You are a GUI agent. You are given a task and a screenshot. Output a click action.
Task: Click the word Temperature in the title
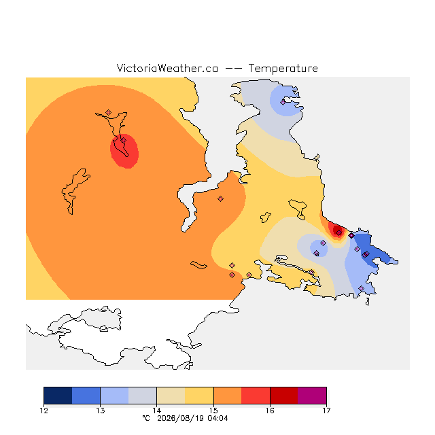click(x=283, y=68)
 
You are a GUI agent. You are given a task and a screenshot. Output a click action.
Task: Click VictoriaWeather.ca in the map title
click(x=167, y=68)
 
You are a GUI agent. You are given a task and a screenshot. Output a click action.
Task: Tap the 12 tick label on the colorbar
click(x=43, y=411)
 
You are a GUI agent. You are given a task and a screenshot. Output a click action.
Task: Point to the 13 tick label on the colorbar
click(x=100, y=411)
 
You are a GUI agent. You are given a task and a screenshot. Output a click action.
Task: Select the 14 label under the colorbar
click(x=157, y=411)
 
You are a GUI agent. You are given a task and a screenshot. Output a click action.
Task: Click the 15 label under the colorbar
click(x=213, y=411)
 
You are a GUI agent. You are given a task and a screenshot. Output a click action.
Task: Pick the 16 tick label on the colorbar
click(x=270, y=411)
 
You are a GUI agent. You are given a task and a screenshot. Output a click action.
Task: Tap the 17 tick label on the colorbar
click(x=326, y=411)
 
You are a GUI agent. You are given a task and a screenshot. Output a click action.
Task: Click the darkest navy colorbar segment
click(x=58, y=396)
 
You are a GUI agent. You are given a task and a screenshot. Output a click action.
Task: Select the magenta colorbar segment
click(x=312, y=396)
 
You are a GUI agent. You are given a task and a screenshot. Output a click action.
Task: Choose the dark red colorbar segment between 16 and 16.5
click(x=284, y=396)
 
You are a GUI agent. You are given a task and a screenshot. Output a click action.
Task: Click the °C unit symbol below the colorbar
click(x=146, y=418)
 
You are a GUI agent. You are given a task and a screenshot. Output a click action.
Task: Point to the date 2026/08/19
click(x=180, y=418)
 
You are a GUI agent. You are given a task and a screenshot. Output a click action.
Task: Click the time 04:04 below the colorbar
click(x=217, y=418)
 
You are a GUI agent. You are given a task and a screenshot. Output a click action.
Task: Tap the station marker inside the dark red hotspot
click(x=338, y=232)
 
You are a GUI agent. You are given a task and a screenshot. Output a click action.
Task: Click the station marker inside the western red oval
click(x=124, y=141)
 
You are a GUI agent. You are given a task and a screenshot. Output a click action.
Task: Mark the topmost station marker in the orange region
click(x=109, y=112)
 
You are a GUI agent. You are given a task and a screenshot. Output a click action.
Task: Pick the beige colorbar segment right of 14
click(x=171, y=396)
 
